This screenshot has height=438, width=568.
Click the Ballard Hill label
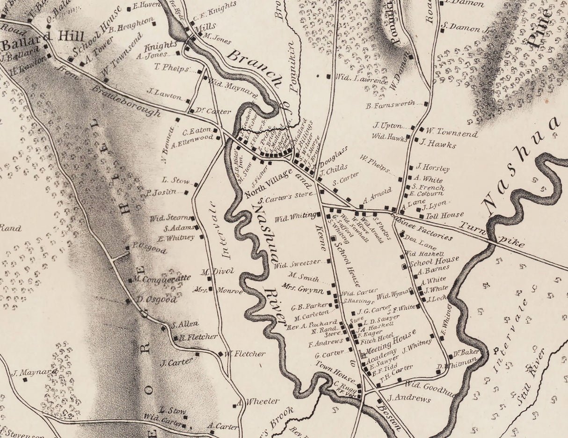(x=43, y=36)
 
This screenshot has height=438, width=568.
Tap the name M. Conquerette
(x=162, y=278)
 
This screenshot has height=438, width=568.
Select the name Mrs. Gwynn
(x=304, y=291)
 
